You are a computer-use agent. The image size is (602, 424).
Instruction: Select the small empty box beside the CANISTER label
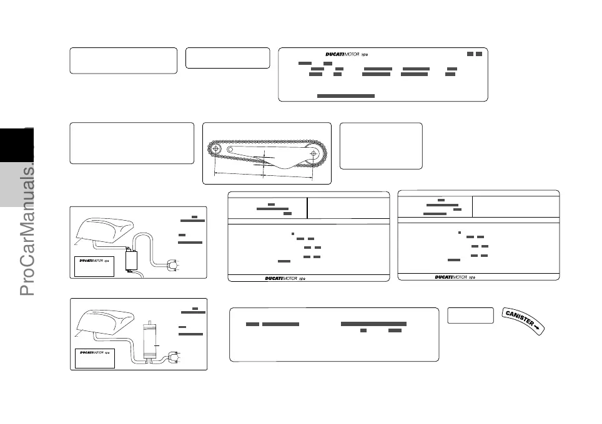[x=470, y=316]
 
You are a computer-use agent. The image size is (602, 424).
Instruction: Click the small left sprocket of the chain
[x=216, y=149]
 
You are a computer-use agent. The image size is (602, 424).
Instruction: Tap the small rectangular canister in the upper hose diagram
[x=132, y=259]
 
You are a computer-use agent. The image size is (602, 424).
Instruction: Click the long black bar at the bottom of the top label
[x=345, y=96]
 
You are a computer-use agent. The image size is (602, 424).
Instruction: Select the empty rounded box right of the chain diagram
[x=380, y=146]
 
